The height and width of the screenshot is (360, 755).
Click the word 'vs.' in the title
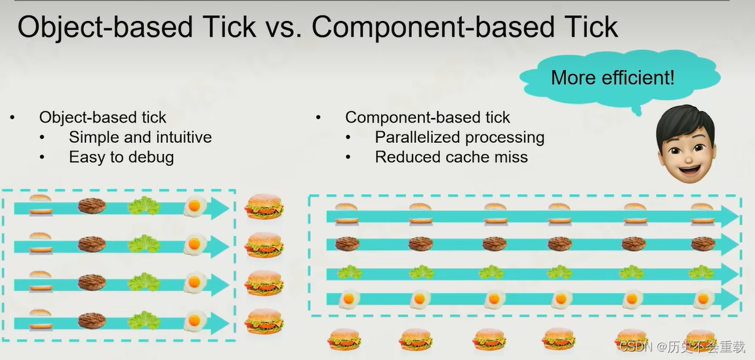(x=283, y=28)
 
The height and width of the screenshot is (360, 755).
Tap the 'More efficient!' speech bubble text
(x=612, y=78)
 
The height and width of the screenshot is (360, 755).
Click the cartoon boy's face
(x=685, y=144)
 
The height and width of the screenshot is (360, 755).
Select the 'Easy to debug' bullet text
(x=121, y=157)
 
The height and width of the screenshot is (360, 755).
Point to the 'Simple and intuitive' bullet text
(x=140, y=138)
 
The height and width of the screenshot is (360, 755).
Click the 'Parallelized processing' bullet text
(x=459, y=138)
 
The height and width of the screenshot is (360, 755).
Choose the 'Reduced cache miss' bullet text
(x=451, y=157)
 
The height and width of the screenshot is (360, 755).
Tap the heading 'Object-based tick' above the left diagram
(x=102, y=118)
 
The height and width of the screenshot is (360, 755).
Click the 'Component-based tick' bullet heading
(x=427, y=118)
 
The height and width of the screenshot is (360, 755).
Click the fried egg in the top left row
(x=194, y=207)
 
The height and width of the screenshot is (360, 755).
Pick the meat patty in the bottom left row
(x=92, y=321)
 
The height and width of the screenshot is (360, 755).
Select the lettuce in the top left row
(x=144, y=207)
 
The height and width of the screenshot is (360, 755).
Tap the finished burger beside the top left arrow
(x=264, y=206)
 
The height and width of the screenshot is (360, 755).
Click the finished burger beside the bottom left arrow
(x=264, y=321)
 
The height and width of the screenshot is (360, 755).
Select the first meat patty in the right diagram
(x=346, y=244)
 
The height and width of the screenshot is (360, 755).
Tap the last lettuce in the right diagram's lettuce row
(x=701, y=271)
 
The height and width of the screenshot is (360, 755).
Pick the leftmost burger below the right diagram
(x=344, y=340)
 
